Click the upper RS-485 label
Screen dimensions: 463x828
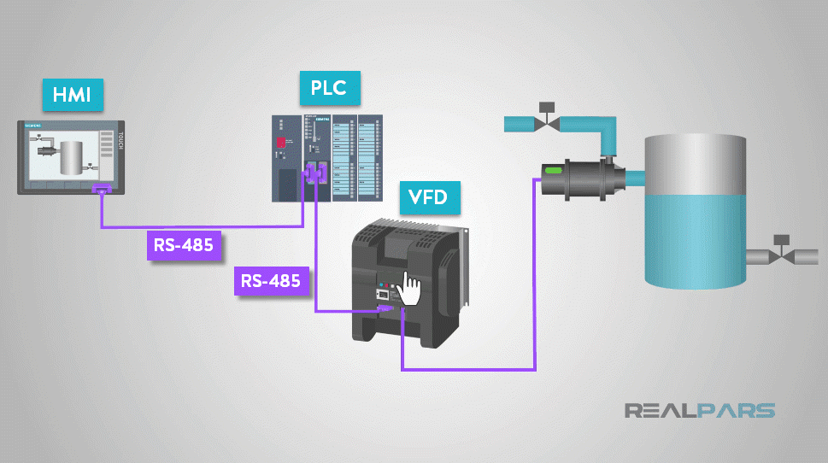pos(184,246)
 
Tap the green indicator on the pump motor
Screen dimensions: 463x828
pos(552,172)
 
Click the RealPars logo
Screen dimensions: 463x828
pos(700,411)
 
